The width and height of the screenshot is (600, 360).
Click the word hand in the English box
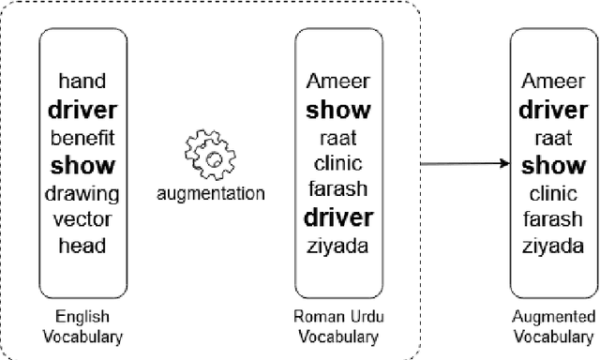point(82,82)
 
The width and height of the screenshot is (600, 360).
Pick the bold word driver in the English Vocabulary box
point(82,109)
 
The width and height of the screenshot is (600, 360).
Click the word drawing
point(82,194)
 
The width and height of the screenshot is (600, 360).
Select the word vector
point(82,221)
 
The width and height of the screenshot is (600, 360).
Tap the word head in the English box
point(82,247)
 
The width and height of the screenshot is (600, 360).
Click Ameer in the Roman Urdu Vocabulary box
point(337,82)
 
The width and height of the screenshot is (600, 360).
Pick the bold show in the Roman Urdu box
point(337,109)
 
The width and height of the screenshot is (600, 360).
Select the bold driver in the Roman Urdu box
point(337,219)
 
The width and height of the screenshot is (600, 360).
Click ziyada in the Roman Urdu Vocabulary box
point(337,247)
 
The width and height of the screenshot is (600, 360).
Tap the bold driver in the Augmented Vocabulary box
point(552,109)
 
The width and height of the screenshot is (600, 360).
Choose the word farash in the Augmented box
point(552,221)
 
